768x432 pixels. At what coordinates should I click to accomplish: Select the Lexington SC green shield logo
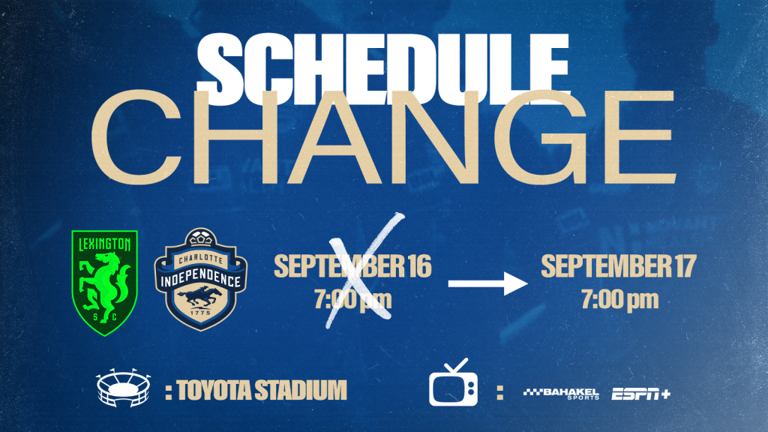pyautogui.click(x=105, y=283)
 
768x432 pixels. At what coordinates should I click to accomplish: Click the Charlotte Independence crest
pyautogui.click(x=201, y=279)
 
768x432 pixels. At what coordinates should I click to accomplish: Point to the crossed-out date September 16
pyautogui.click(x=352, y=266)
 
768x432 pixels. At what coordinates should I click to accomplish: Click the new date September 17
pyautogui.click(x=619, y=266)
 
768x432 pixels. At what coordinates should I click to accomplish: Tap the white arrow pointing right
pyautogui.click(x=487, y=283)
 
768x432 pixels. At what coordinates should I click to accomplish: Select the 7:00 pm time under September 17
pyautogui.click(x=620, y=299)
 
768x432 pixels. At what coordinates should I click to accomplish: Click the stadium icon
pyautogui.click(x=124, y=388)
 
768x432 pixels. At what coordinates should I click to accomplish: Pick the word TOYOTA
pyautogui.click(x=214, y=390)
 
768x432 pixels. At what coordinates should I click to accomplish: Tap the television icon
pyautogui.click(x=454, y=382)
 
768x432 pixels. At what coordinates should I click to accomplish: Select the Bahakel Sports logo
pyautogui.click(x=561, y=393)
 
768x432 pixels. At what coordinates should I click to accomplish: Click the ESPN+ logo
pyautogui.click(x=640, y=394)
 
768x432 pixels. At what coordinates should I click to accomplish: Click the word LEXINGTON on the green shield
pyautogui.click(x=105, y=244)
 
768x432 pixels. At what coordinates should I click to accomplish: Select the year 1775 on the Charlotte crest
pyautogui.click(x=201, y=313)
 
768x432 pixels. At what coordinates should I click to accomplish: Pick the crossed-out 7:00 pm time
pyautogui.click(x=353, y=299)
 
